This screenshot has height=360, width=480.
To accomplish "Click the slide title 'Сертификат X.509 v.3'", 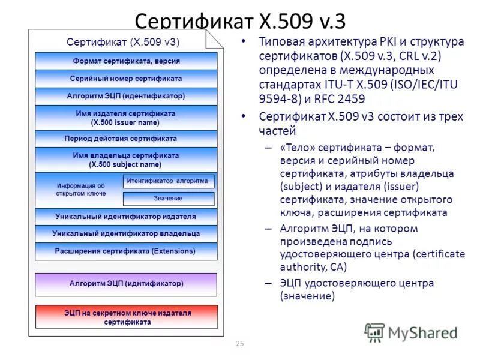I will pyautogui.click(x=240, y=21).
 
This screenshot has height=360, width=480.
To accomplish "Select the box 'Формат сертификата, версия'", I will pyautogui.click(x=126, y=61).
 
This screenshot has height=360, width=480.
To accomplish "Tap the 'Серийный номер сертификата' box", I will pyautogui.click(x=126, y=79).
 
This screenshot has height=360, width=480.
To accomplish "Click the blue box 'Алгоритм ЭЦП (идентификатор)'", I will pyautogui.click(x=126, y=96).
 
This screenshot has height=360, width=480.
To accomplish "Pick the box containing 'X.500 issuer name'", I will pyautogui.click(x=126, y=118).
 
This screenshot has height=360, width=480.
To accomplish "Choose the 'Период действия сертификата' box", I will pyautogui.click(x=126, y=139).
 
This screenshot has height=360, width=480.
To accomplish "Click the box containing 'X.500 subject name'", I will pyautogui.click(x=126, y=160).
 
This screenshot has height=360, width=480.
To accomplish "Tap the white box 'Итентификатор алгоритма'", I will pyautogui.click(x=168, y=181).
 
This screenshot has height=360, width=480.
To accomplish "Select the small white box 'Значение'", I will pyautogui.click(x=168, y=199).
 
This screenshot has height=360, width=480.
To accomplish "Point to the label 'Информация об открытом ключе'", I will pyautogui.click(x=80, y=190).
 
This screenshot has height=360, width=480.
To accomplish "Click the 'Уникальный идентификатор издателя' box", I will pyautogui.click(x=126, y=216).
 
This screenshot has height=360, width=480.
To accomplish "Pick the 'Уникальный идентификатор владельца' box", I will pyautogui.click(x=126, y=233).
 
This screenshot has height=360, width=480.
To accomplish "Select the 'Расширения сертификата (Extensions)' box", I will pyautogui.click(x=126, y=251).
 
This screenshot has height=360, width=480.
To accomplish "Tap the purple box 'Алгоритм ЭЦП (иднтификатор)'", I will pyautogui.click(x=126, y=283).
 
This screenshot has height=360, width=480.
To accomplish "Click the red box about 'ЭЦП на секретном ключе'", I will pyautogui.click(x=126, y=317).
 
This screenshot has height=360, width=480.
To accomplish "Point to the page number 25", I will pyautogui.click(x=240, y=344).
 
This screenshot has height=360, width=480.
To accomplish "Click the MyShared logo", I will pyautogui.click(x=411, y=332).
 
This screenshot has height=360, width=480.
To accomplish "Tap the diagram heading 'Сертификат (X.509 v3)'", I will pyautogui.click(x=123, y=42).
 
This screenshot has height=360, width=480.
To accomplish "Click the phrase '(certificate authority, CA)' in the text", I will pyautogui.click(x=372, y=261).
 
